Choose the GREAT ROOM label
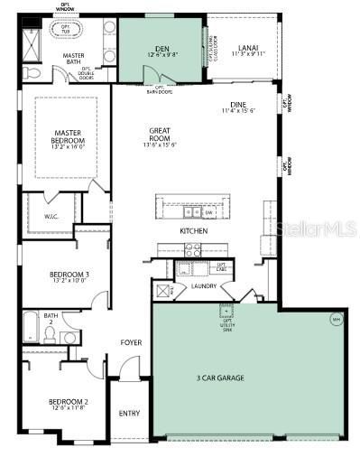pos(160,136)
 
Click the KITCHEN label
pos(193,231)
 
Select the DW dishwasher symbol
pos(209,213)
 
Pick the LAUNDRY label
pos(204,286)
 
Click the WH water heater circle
pos(337,319)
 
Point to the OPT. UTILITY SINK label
pos(226,313)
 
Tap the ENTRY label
pos(129,414)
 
